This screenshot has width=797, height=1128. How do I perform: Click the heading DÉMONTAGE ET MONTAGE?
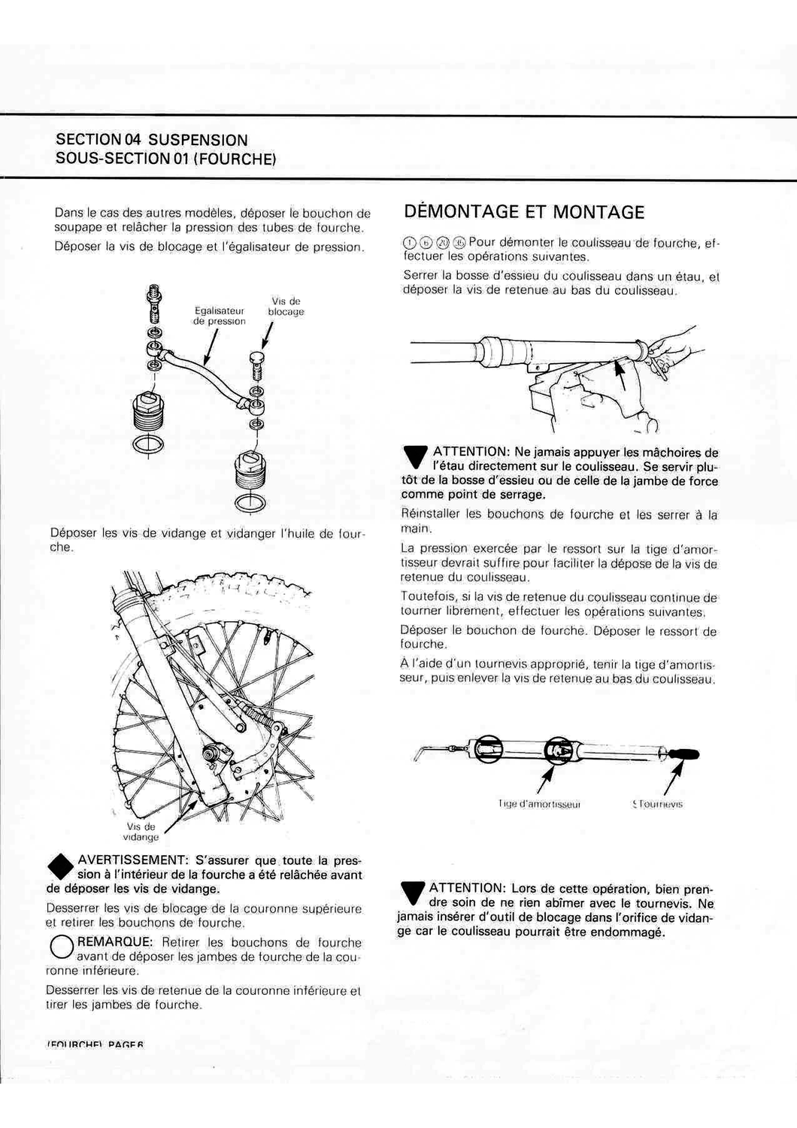[x=524, y=212]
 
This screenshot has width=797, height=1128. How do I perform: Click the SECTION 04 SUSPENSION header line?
[x=152, y=140]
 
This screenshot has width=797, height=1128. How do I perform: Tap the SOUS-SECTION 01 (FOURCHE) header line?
[x=165, y=159]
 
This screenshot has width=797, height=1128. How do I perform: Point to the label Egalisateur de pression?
[x=219, y=316]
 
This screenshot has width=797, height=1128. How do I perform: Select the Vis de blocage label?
[x=286, y=307]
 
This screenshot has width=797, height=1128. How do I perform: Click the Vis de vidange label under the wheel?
[x=141, y=831]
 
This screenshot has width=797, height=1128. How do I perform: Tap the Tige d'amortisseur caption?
[x=539, y=804]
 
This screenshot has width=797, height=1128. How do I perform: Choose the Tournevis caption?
[x=659, y=804]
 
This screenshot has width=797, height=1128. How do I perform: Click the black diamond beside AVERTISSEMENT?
[x=61, y=866]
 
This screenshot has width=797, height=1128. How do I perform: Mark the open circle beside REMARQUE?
[x=61, y=947]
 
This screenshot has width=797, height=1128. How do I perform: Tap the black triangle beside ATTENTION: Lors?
[x=413, y=893]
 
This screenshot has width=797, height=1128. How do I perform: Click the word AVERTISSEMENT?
[x=132, y=860]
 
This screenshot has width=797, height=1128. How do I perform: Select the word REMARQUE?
[x=115, y=942]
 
